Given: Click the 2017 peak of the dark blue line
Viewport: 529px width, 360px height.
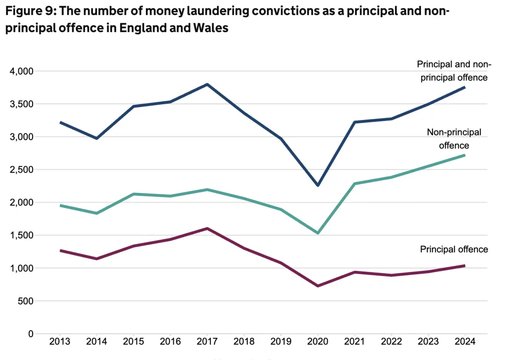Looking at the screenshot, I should (207, 84).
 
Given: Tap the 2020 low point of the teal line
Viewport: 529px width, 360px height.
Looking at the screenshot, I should (317, 233).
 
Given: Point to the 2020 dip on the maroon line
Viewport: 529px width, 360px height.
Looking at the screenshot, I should (317, 286).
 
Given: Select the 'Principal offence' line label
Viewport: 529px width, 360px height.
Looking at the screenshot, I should (454, 249).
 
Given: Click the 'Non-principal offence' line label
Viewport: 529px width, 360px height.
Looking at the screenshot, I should (454, 138).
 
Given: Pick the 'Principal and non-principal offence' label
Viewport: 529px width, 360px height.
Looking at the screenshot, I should (454, 71).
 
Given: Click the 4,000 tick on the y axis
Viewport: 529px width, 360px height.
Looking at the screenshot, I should (22, 71).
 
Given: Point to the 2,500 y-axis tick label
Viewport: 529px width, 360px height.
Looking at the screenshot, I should (22, 170).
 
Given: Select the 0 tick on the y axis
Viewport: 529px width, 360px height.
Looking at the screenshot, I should (31, 334).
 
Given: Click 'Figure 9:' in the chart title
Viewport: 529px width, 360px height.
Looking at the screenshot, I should (25, 11).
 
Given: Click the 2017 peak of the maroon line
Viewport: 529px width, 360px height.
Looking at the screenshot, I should (207, 228).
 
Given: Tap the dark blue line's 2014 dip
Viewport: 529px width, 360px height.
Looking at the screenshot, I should (97, 138).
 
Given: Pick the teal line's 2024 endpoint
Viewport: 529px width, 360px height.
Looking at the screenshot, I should (464, 155).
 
